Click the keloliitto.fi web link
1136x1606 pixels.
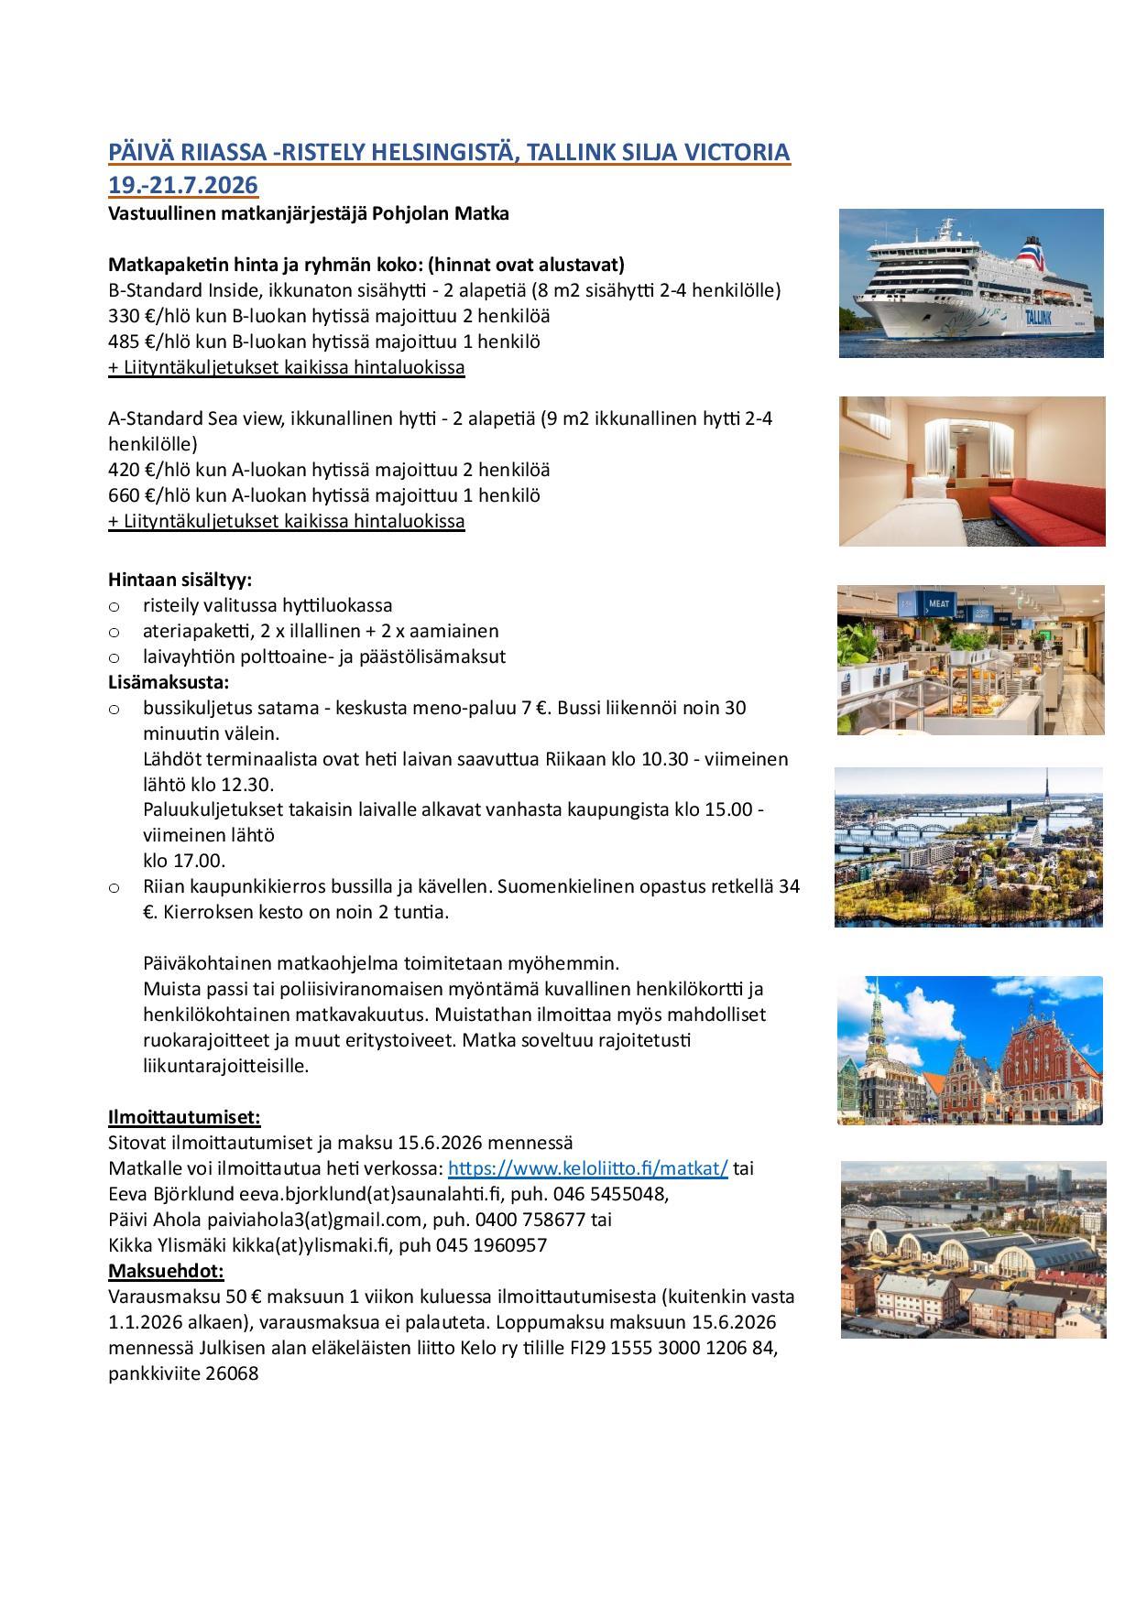click(587, 1168)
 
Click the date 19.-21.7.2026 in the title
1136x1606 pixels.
click(183, 185)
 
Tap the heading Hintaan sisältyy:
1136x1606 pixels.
click(180, 580)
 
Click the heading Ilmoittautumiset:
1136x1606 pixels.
click(184, 1117)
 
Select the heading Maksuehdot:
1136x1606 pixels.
click(166, 1271)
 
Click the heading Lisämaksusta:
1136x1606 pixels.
click(169, 682)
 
